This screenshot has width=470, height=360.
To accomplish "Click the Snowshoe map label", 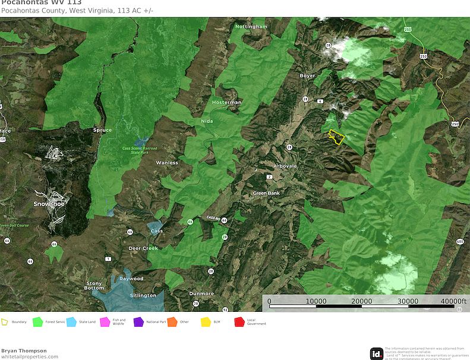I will coord(49,204).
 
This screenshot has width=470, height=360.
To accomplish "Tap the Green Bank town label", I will coord(266,193).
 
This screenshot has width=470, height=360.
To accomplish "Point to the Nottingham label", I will coord(251,27).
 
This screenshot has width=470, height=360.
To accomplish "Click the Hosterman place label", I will coord(227,102).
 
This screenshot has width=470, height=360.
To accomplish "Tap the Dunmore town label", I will coord(201,293).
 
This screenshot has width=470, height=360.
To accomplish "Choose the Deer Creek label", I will coord(143,248).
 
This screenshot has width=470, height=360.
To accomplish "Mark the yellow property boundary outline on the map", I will coord(336,137).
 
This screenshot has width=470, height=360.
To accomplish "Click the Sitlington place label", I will coord(143,295).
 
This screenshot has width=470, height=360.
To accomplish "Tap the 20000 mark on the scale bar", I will coord(362,301).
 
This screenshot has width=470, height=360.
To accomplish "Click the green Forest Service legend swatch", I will coord(37,322).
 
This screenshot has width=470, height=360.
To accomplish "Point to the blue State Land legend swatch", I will coord(71,322).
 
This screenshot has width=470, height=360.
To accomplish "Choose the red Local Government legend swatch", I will coord(240,322).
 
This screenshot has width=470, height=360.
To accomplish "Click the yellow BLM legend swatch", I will coord(206,322).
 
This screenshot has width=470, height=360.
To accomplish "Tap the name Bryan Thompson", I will coord(24,350).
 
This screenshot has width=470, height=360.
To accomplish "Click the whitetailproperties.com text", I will coord(30,356).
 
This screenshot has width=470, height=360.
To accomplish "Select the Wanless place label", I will coord(167,162).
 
